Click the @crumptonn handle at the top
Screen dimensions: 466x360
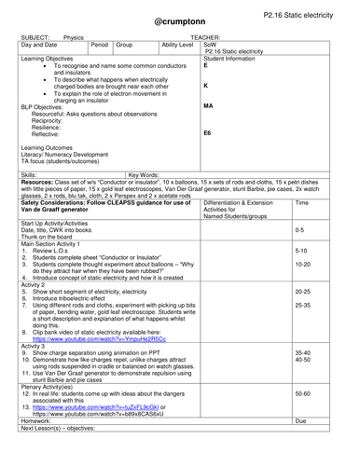pyautogui.click(x=180, y=27)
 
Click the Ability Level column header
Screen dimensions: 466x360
pyautogui.click(x=177, y=45)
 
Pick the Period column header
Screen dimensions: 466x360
pyautogui.click(x=101, y=45)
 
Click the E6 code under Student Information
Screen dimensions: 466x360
pyautogui.click(x=207, y=134)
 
